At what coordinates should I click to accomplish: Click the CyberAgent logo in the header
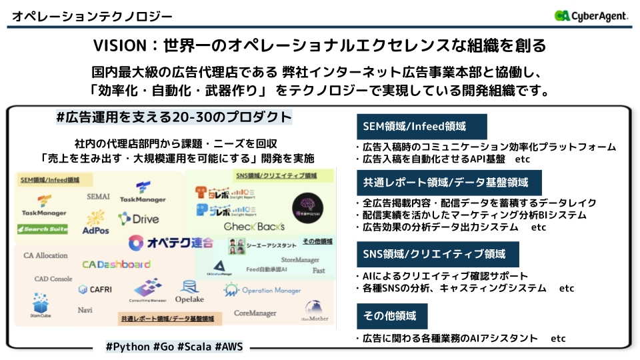point(591,15)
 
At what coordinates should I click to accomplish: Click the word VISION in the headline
point(119,45)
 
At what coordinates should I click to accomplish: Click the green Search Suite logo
point(43,229)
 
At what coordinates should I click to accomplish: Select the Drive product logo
point(139,219)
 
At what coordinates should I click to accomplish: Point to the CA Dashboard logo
point(116,264)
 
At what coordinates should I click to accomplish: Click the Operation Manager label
point(263,290)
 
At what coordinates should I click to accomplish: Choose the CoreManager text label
point(255,313)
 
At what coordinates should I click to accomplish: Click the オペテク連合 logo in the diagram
point(171,243)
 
